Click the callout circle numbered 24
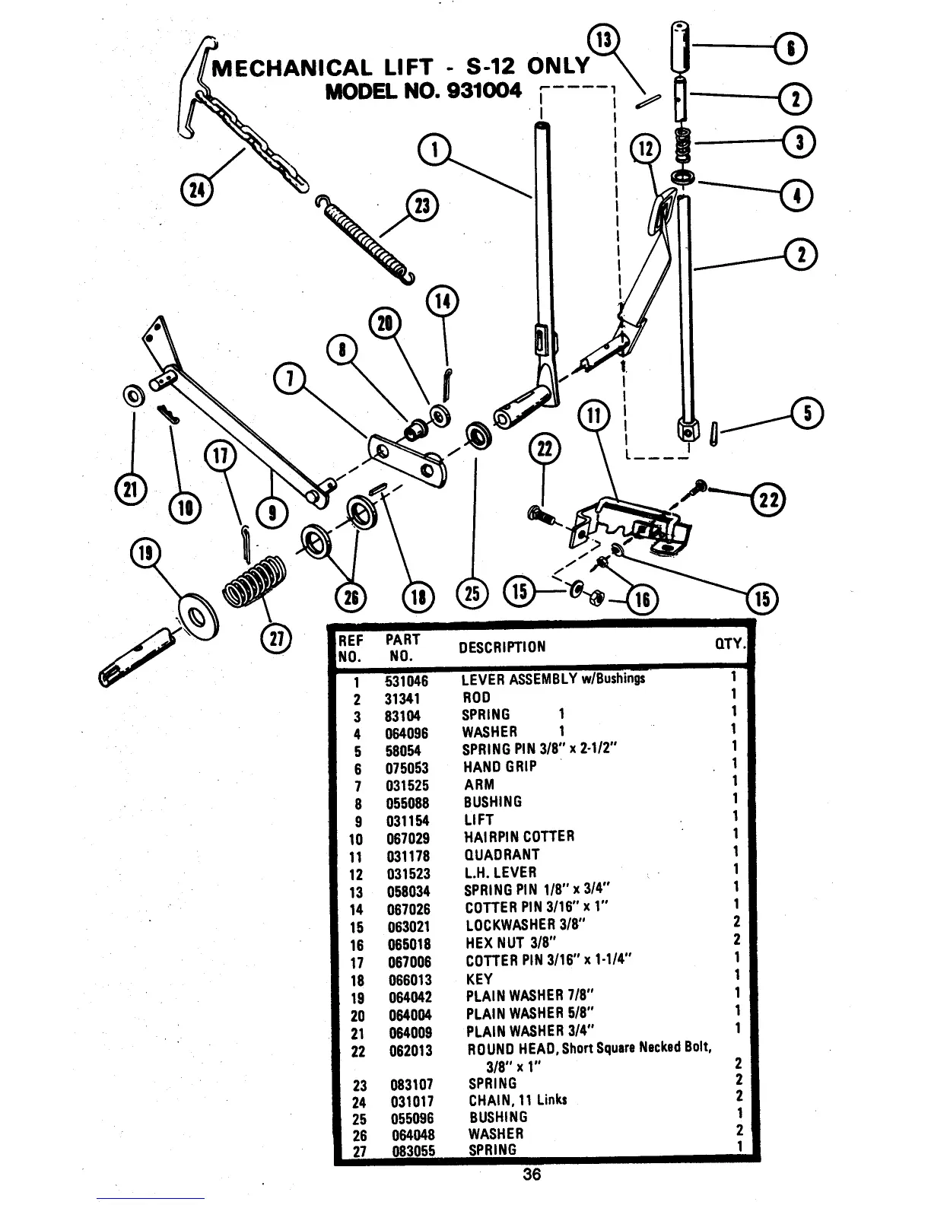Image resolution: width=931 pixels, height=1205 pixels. [x=197, y=189]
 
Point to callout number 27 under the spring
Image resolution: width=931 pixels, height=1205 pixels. [x=275, y=640]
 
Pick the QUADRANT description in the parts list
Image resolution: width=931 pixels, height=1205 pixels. [x=501, y=855]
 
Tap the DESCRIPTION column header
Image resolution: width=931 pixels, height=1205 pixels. [x=501, y=647]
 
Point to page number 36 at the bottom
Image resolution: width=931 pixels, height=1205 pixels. [x=532, y=1175]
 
